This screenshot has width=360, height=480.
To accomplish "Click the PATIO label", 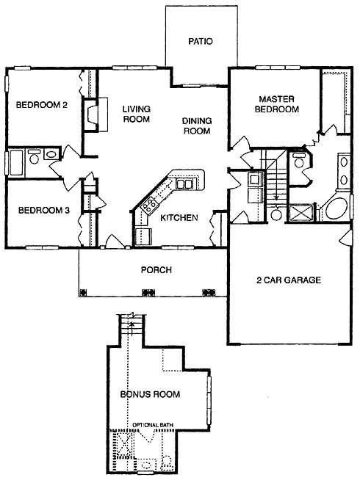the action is pos(201,41).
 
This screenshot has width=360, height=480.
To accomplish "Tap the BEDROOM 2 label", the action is pos(41,105).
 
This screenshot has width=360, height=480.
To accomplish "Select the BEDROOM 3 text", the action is pos(44,211).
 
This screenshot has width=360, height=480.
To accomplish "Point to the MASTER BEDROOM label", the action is pos(277,104).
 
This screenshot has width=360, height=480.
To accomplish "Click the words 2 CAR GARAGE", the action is pos(289,280).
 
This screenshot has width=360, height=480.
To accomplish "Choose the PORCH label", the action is pos(156,270).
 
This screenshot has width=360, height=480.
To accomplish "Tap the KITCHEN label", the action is pos(179,218).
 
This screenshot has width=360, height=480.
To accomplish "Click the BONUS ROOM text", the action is pos(150,394).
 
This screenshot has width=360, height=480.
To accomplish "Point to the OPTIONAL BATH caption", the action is pos(153,425).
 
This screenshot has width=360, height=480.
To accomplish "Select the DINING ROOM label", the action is pos(197,126).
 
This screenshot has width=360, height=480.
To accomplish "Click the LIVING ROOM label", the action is pos(137,114).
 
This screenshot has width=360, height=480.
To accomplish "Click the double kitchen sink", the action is pos(184,183).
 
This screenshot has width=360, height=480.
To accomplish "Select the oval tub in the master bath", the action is pos(336,209).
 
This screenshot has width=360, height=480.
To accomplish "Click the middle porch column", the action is pos(148,292).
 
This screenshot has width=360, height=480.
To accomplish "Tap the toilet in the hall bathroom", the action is pos(34,157).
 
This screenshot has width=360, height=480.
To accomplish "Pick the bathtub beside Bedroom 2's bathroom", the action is pos(16,162).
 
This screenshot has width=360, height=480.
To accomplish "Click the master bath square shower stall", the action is pos(301,212).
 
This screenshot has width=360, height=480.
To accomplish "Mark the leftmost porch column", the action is pos(83,292).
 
